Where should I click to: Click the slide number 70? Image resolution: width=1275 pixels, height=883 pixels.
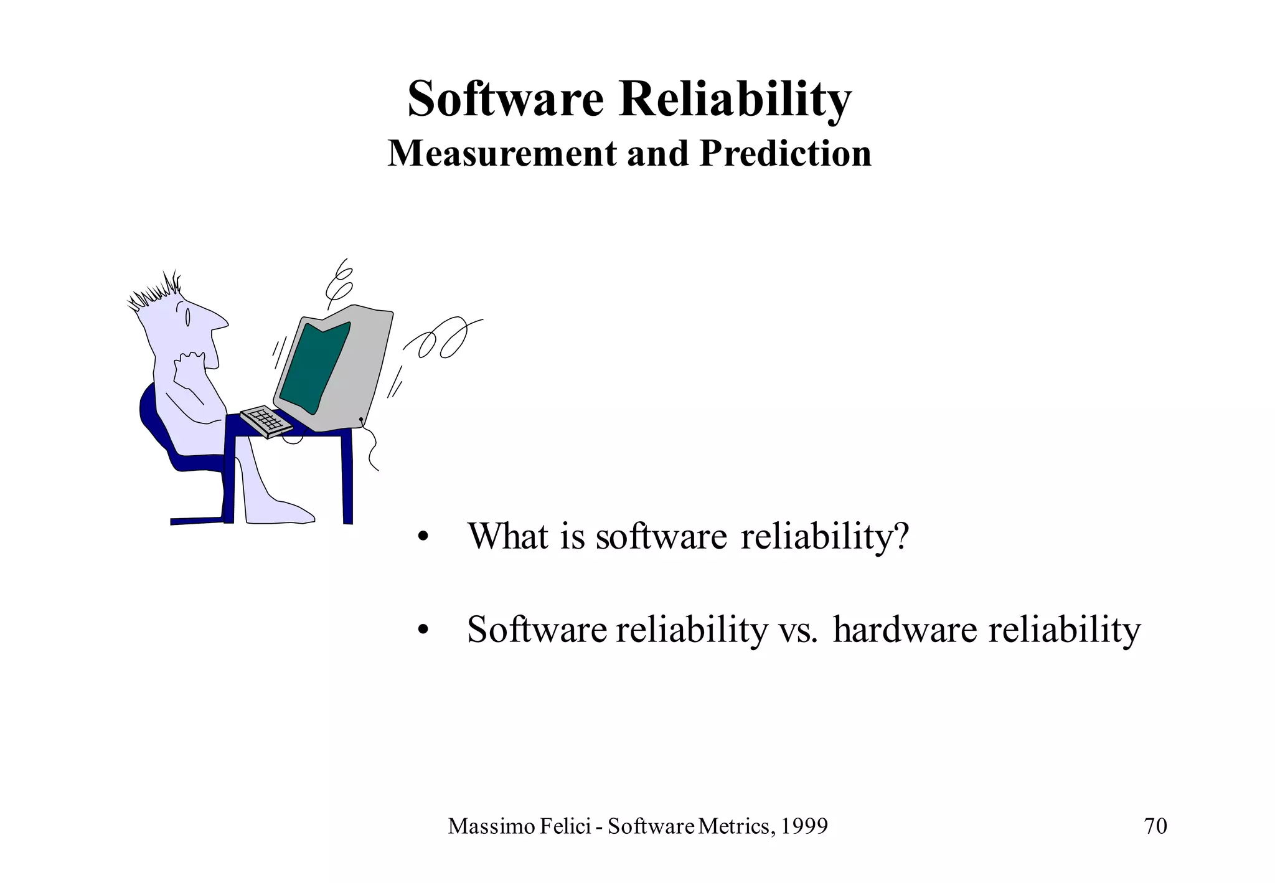[1155, 826]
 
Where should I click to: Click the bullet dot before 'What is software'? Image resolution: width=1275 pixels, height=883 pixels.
[423, 537]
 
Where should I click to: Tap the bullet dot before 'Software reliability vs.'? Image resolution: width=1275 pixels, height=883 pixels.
[423, 631]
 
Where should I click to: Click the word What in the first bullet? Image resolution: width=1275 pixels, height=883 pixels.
[508, 536]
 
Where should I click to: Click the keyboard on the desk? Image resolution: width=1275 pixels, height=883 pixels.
[266, 420]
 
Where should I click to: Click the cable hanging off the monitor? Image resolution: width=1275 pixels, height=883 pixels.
[372, 448]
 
